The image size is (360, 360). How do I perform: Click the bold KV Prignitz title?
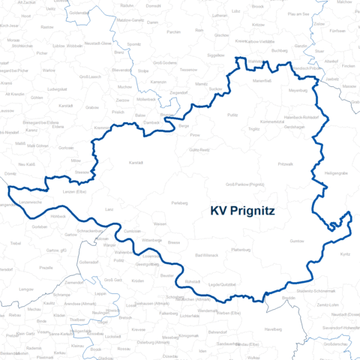[x=242, y=211]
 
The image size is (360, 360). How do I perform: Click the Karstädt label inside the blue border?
[x=136, y=163]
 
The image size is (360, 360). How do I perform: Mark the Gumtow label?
[x=297, y=241]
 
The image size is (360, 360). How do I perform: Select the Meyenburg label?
[x=298, y=90]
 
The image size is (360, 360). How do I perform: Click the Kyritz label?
[x=345, y=254]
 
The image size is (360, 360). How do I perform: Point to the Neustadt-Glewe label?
[x=97, y=44]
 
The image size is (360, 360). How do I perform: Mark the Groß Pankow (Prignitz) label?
[x=244, y=184]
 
